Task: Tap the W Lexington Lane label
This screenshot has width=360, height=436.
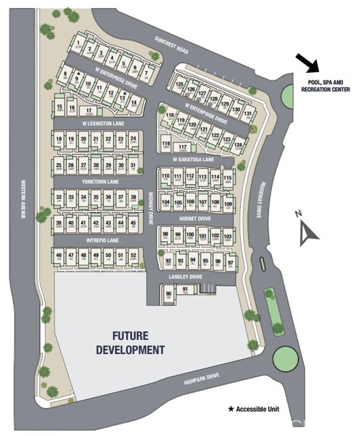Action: tap(103, 123)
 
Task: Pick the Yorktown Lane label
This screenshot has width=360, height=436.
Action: tap(101, 183)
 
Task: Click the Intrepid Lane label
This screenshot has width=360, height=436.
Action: tap(101, 240)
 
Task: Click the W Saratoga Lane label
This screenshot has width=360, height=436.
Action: tap(193, 159)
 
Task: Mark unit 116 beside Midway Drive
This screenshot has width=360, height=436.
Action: tap(165, 143)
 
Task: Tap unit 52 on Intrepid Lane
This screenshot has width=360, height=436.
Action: tap(133, 257)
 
